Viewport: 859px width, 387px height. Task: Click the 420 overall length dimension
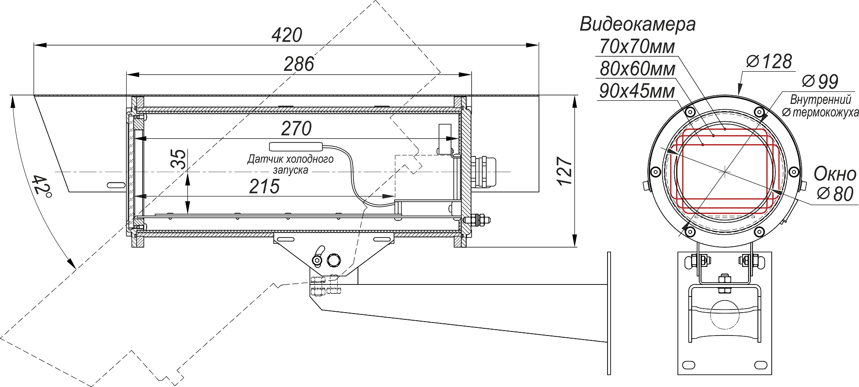pos(287,35)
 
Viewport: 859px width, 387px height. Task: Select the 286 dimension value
pos(299,64)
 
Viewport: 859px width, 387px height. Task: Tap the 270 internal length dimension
pos(296,129)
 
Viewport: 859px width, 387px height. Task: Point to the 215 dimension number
pos(264,187)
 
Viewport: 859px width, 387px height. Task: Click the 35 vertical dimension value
pos(179,159)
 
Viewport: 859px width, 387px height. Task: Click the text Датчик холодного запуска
pos(290,164)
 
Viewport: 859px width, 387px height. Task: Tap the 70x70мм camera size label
pos(637,47)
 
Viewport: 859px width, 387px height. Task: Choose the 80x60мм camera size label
pos(637,69)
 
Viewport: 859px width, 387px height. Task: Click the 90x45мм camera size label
pos(637,91)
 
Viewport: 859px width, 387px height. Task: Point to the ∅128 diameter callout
pos(769,62)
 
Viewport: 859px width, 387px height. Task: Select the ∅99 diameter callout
pos(820,82)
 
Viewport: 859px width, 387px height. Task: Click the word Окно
pos(835,174)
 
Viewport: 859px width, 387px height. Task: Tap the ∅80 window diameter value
pos(835,194)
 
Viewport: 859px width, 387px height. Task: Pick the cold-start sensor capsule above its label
pos(296,146)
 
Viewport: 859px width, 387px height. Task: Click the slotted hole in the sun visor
pos(115,185)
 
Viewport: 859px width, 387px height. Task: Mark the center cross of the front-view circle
pos(725,172)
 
